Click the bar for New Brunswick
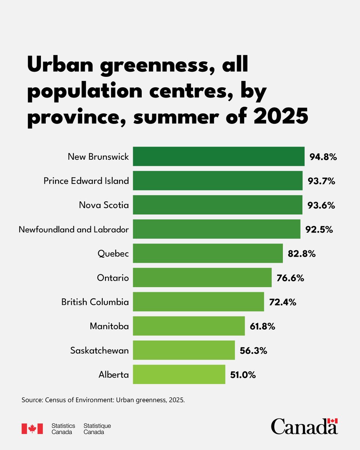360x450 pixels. (x=219, y=156)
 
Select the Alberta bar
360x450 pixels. (x=179, y=374)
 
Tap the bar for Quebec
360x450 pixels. (x=208, y=253)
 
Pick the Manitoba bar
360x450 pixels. (x=189, y=326)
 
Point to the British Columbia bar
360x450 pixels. (x=198, y=301)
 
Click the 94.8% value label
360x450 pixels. (x=323, y=157)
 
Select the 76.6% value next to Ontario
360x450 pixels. (x=290, y=278)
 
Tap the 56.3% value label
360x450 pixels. (x=253, y=351)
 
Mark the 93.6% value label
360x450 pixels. (x=321, y=205)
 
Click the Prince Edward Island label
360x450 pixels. (x=86, y=181)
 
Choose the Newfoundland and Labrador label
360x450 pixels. (x=74, y=229)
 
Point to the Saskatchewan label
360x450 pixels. (x=99, y=351)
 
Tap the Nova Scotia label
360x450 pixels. (x=104, y=205)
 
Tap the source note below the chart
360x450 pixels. (x=103, y=400)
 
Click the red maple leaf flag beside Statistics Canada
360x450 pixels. (x=32, y=429)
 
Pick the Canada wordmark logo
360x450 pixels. (x=304, y=427)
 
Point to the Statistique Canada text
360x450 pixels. (x=97, y=429)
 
